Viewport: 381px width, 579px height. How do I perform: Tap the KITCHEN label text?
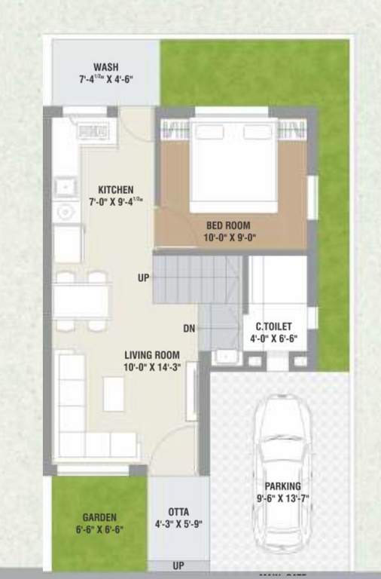click(115, 190)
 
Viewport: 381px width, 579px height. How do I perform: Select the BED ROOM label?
click(228, 225)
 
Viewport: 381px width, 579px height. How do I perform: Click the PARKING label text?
click(282, 486)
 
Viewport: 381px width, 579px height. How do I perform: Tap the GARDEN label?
click(99, 517)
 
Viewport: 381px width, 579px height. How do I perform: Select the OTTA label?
click(178, 512)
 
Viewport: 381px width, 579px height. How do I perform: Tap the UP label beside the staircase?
click(143, 278)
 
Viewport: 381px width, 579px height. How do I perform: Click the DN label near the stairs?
click(189, 329)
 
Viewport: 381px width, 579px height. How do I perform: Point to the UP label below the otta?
click(178, 565)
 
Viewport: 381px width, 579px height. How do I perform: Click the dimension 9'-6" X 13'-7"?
click(282, 498)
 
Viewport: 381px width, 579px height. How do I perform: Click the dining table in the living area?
click(81, 300)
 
